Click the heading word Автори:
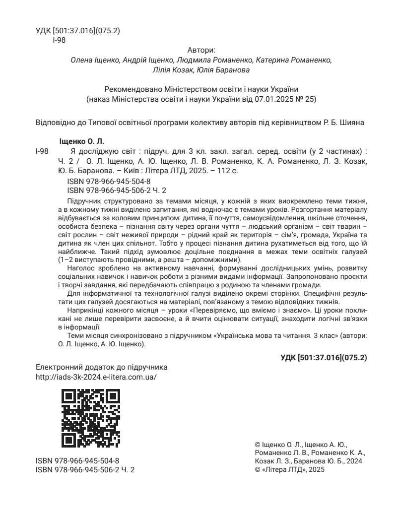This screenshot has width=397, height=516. [x=201, y=50]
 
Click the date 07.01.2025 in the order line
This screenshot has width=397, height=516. [x=274, y=99]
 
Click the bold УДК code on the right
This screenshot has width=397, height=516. [x=324, y=357]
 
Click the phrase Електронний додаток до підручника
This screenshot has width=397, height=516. [x=102, y=367]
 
